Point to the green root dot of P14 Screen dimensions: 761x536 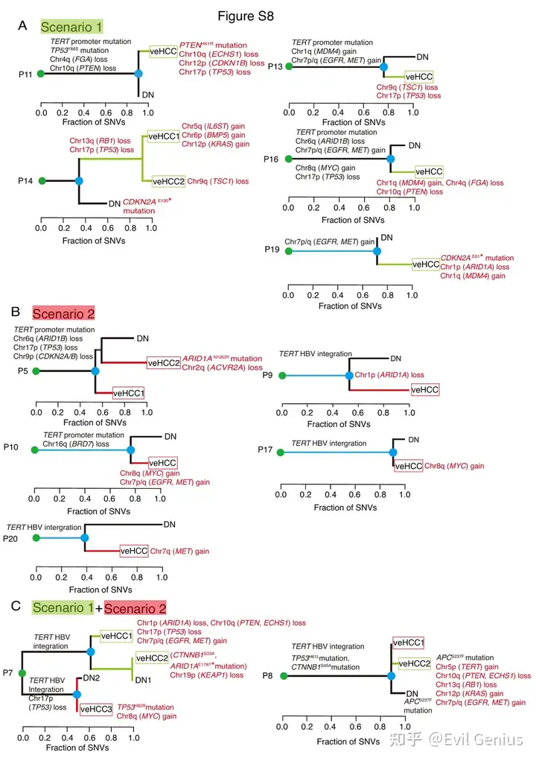[42, 180]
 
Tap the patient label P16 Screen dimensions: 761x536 [272, 159]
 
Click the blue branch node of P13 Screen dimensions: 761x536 [383, 67]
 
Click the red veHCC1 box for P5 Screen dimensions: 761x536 [128, 393]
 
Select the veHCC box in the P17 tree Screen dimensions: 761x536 [408, 465]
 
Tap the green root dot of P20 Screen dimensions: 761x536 [33, 537]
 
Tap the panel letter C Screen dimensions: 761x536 [22, 607]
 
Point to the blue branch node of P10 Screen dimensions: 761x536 [131, 449]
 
